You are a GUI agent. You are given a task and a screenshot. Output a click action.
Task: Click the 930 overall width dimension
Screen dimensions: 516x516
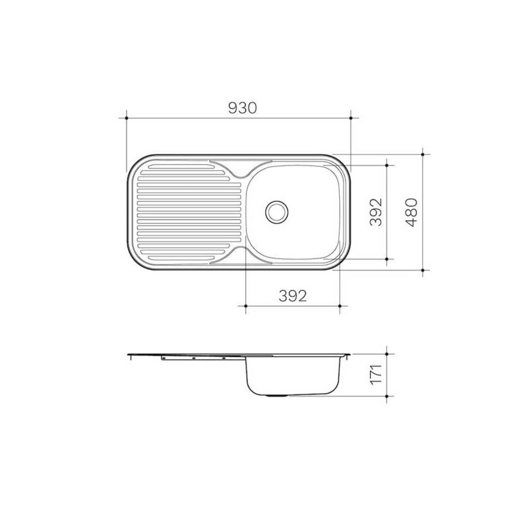[243, 108]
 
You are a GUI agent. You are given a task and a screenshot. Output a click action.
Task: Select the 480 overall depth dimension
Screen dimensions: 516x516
[412, 212]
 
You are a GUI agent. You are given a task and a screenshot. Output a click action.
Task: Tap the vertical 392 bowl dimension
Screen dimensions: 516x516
[376, 212]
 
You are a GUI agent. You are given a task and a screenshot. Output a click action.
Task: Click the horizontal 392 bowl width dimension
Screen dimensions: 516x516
[292, 296]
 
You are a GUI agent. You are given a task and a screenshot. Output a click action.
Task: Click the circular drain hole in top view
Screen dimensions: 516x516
[276, 211]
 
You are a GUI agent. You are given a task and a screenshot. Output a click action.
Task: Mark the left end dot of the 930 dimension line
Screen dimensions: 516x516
[126, 118]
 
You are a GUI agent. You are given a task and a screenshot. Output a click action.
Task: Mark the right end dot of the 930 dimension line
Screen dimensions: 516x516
[351, 118]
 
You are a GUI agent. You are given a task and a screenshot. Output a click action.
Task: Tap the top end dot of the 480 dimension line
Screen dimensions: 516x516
[423, 154]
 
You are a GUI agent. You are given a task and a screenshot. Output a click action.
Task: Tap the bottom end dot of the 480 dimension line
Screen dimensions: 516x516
[423, 270]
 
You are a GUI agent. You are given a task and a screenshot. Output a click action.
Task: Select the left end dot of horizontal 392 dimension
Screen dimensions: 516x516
[245, 305]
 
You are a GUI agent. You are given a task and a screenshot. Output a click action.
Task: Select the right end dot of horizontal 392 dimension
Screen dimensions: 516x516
[340, 305]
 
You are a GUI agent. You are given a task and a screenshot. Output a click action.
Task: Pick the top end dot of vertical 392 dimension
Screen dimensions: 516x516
[387, 165]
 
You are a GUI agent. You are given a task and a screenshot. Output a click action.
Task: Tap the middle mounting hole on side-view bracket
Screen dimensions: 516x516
[193, 358]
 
